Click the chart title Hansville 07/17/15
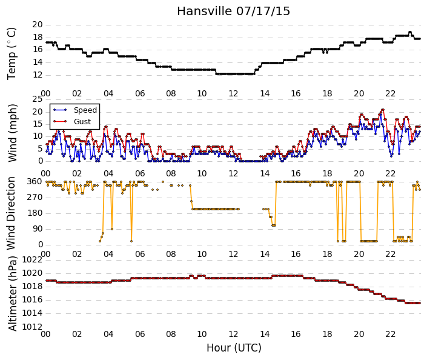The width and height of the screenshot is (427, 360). [233, 11]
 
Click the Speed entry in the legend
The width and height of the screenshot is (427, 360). [85, 110]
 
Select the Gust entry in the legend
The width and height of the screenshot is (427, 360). [82, 122]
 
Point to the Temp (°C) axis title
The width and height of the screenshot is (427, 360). [12, 54]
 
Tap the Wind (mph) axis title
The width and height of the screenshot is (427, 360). [13, 133]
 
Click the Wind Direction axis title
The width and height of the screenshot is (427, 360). [11, 213]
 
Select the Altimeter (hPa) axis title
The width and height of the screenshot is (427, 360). [13, 293]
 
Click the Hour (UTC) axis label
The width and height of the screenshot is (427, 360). [234, 348]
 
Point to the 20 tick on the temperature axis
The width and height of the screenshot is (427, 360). [38, 24]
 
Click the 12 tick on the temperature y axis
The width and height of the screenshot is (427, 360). [38, 75]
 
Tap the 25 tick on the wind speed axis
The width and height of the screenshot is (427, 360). [38, 99]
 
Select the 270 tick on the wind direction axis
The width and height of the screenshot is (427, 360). [35, 197]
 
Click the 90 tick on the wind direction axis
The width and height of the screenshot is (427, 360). [38, 228]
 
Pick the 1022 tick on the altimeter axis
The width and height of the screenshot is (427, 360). [33, 259]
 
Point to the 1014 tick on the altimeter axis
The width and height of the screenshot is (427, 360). [33, 313]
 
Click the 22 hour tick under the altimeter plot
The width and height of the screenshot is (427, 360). [390, 334]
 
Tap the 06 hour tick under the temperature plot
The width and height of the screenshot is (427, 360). [140, 93]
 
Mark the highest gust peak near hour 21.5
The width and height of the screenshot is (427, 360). [383, 110]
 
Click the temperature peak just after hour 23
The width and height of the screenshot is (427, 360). [410, 32]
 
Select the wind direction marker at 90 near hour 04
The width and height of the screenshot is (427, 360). [112, 229]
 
